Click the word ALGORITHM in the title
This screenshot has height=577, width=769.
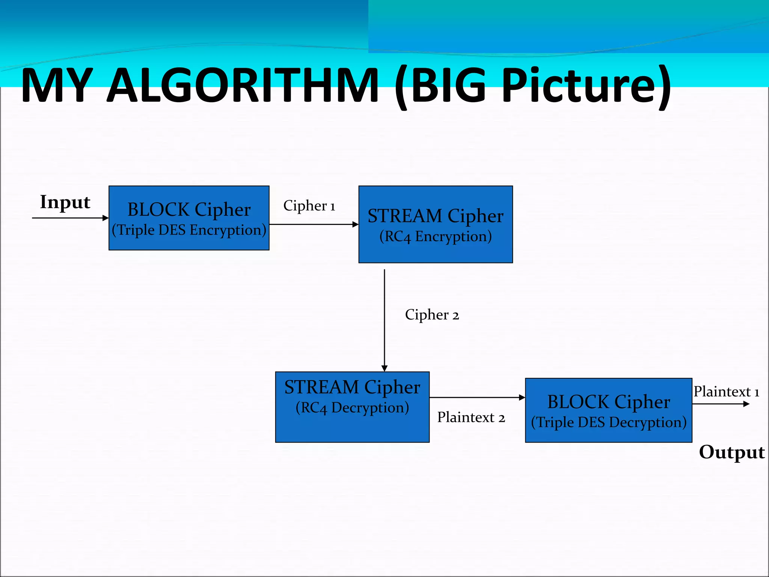coord(242,86)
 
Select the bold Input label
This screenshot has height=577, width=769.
coord(65,202)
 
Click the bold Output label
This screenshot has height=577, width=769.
coord(731,452)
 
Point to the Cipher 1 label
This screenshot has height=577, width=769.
coord(309,206)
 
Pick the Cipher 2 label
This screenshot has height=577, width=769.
coord(432,315)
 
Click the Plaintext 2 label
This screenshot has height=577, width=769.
coord(471,417)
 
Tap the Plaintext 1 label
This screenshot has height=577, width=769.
coord(726,392)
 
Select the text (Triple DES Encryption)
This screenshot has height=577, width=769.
coord(189,230)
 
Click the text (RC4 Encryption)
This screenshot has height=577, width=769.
coord(436,237)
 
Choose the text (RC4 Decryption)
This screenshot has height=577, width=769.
coord(352,408)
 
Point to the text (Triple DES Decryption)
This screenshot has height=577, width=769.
coord(608,422)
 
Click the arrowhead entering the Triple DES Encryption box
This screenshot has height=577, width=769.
coord(106,218)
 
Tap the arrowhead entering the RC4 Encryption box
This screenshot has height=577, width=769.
coord(355,224)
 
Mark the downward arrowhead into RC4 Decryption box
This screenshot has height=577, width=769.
coord(384,368)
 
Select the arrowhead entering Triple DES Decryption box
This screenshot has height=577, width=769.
coord(522,397)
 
